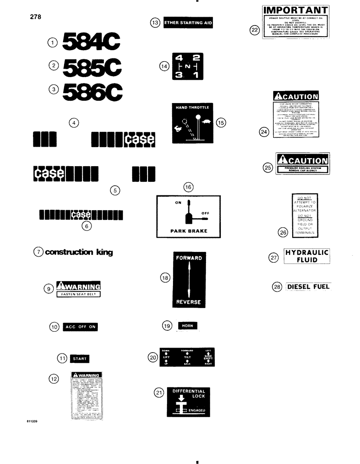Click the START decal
pyautogui.click(x=79, y=358)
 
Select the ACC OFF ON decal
pyautogui.click(x=80, y=327)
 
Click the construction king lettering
pyautogui.click(x=79, y=252)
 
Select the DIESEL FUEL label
pyautogui.click(x=308, y=287)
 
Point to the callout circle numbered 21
pyautogui.click(x=158, y=393)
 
